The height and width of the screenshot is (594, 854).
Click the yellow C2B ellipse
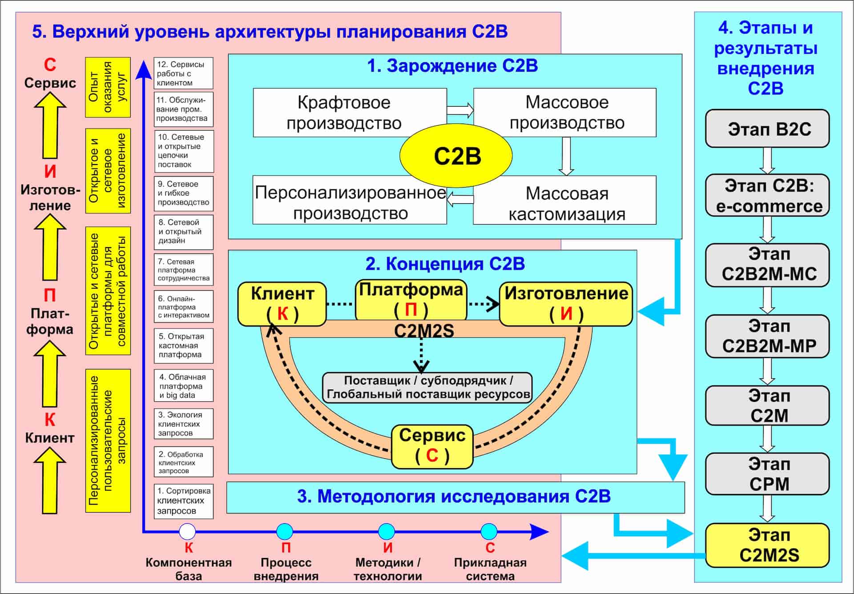click(456, 156)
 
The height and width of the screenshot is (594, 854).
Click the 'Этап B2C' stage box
click(767, 129)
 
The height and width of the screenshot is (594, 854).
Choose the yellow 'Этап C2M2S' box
click(767, 545)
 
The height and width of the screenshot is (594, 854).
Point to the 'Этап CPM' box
click(767, 474)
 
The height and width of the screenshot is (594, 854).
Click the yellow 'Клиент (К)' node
click(282, 304)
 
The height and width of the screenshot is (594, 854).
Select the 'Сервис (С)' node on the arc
click(432, 446)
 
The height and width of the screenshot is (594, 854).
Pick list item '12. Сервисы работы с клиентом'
click(183, 73)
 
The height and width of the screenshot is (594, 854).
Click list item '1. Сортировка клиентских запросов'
click(183, 501)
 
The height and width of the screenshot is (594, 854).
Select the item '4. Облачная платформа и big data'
click(183, 386)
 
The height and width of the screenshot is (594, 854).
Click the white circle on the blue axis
click(187, 531)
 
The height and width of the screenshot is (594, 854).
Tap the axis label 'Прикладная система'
click(490, 569)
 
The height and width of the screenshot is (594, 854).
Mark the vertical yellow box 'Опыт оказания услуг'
click(108, 87)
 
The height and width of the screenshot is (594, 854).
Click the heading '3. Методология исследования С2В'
click(454, 497)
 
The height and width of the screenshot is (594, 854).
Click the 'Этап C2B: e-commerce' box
click(767, 196)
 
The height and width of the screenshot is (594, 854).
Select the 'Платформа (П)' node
click(411, 300)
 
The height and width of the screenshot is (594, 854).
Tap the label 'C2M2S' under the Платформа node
click(424, 331)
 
